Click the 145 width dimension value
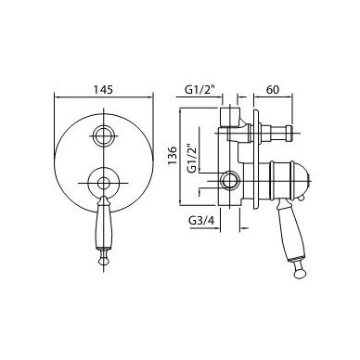[x=103, y=90]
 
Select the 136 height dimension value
[x=173, y=156]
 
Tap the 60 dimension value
[x=273, y=90]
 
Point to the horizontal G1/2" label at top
[x=199, y=90]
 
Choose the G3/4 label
[x=201, y=221]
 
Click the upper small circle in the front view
[x=104, y=135]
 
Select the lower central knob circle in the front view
[x=103, y=183]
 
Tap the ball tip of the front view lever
[x=104, y=261]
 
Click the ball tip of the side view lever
[x=300, y=274]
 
